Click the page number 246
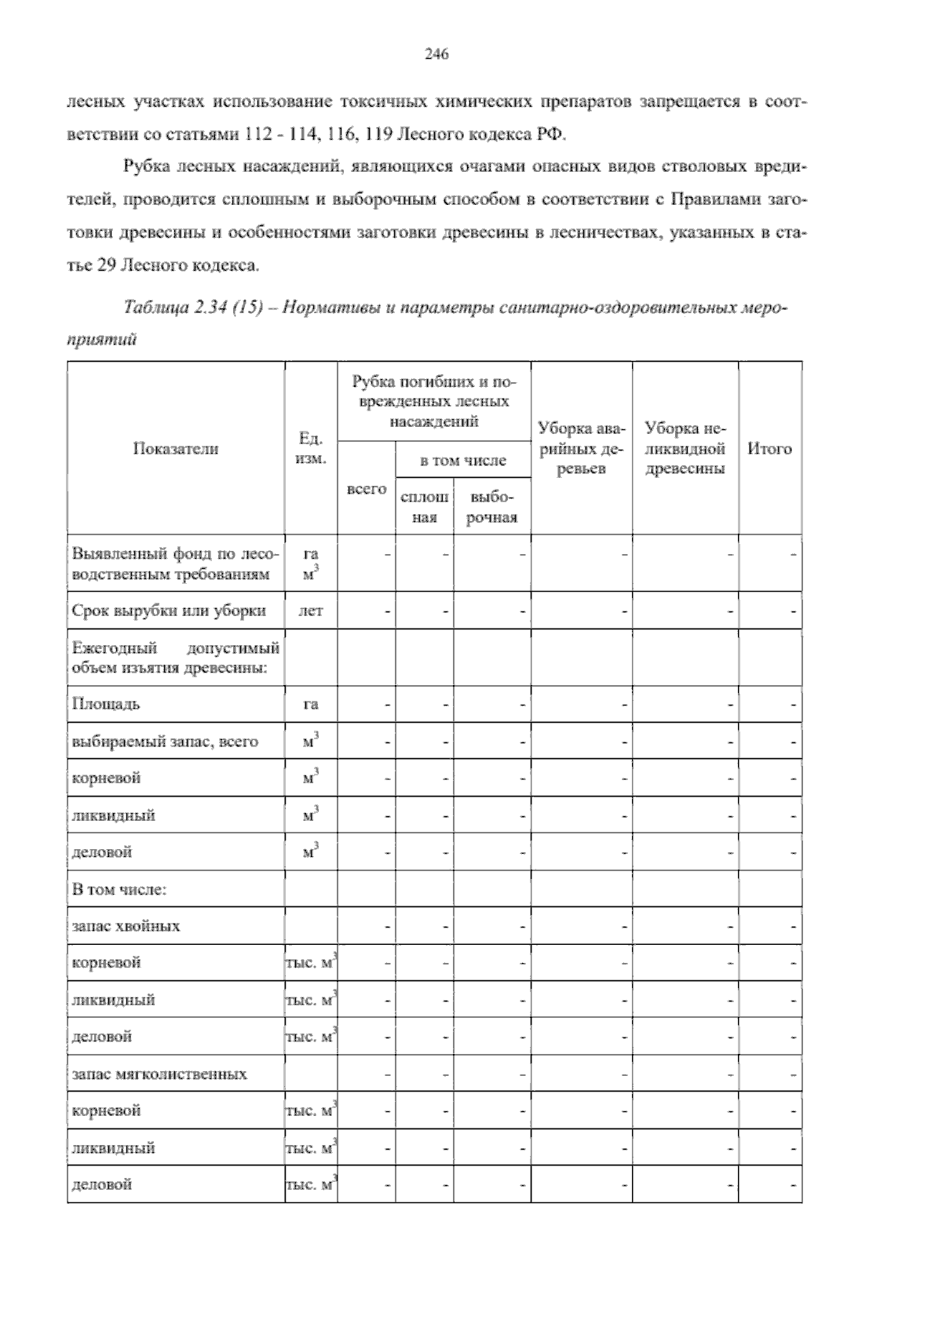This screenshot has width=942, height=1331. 436,54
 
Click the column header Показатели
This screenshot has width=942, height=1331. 175,449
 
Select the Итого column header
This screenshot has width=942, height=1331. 769,449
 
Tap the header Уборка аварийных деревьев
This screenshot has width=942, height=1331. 582,449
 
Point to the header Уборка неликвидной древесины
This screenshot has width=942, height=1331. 685,449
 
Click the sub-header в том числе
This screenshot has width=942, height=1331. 462,461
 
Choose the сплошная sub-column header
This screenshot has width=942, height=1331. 425,508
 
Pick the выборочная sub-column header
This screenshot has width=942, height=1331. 491,508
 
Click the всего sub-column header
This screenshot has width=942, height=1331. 367,489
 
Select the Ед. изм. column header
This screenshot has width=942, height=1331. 311,449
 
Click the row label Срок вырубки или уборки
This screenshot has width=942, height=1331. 169,611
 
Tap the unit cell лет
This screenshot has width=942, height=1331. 311,611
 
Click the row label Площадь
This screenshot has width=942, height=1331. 106,703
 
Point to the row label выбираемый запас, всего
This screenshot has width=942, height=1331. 165,741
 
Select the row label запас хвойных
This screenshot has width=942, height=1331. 126,926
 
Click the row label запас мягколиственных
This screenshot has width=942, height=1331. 159,1074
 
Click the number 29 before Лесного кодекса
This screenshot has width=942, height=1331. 108,266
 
